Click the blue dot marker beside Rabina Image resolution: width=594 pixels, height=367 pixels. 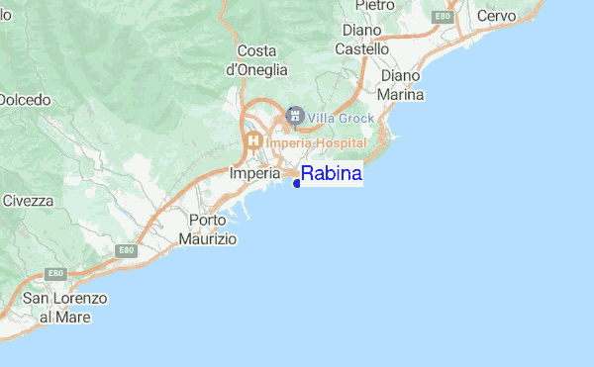tap(297, 182)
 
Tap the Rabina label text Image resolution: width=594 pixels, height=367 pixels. tap(332, 175)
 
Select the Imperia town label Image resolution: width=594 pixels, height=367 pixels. tap(254, 172)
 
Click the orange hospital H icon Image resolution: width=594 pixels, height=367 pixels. tap(253, 142)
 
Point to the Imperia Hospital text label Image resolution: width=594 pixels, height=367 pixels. tap(315, 143)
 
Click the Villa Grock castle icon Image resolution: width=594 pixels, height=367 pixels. tap(294, 117)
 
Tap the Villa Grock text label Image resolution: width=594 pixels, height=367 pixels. tap(341, 118)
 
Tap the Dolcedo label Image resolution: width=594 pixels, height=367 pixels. tap(25, 99)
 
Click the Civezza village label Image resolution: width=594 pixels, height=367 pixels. tap(28, 200)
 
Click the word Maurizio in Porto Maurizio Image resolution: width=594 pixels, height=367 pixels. tap(208, 238)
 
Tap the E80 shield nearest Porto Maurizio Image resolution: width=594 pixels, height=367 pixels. tap(126, 251)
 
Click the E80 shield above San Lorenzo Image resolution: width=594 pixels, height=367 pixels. tap(56, 274)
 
